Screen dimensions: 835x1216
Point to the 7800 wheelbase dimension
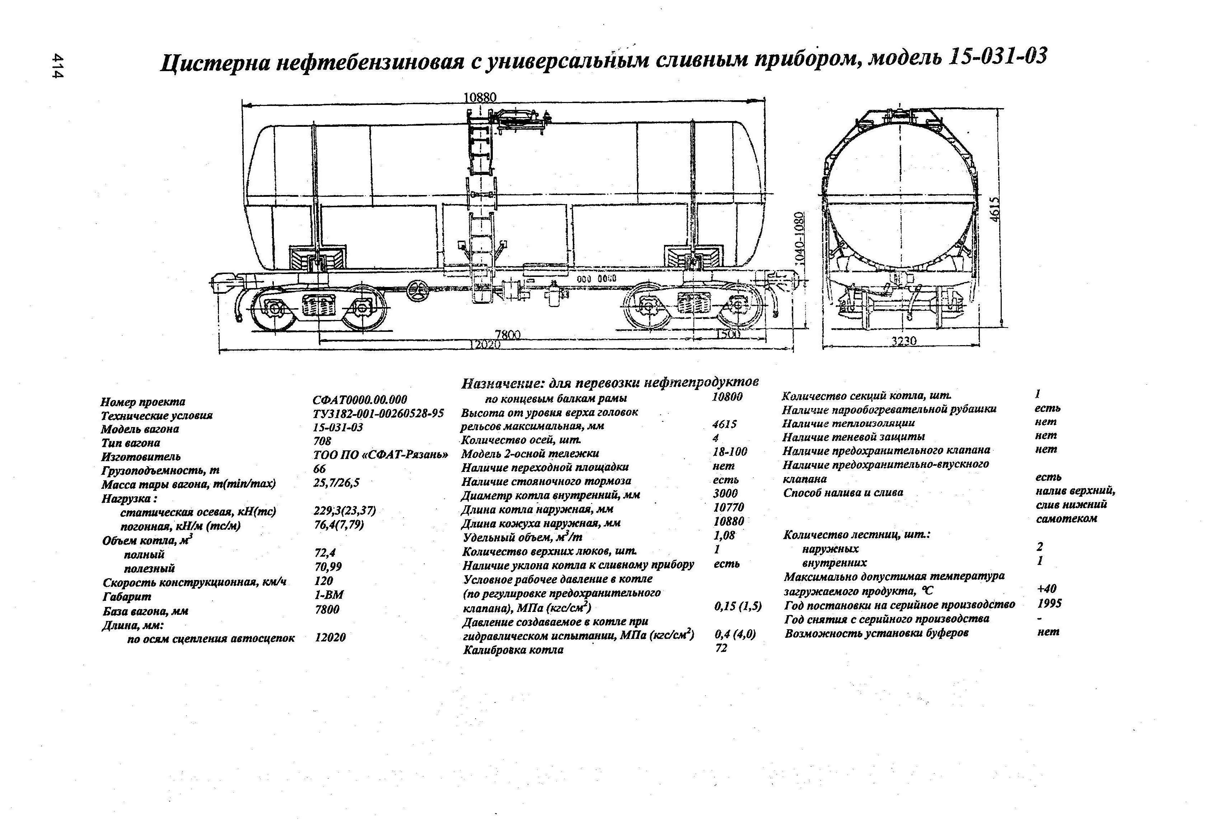coord(508,334)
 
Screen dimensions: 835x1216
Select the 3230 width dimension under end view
coord(904,341)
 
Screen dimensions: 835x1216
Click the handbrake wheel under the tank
coord(418,291)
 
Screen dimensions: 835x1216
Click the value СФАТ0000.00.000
coord(360,400)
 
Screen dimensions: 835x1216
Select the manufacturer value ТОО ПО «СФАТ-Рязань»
coord(380,454)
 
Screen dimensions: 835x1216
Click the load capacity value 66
coord(319,469)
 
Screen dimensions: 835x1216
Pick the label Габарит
coord(127,596)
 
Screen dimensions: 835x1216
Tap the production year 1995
coord(1049,604)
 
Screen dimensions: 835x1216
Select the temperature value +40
coord(1047,589)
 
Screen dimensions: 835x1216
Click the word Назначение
coord(502,384)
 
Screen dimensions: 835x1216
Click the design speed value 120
coord(324,581)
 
